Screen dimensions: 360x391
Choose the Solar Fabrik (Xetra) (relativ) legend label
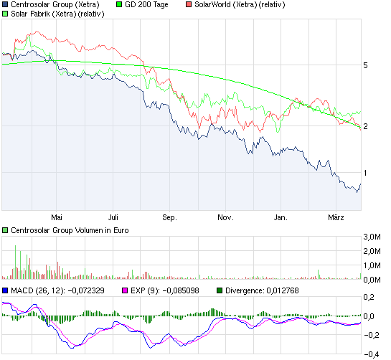(58, 14)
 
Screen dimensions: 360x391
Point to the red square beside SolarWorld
(188, 4)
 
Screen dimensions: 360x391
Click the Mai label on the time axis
(58, 216)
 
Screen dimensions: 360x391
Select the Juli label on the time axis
(113, 216)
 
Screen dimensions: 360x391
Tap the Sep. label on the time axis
(169, 216)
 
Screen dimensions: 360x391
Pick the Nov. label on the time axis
(225, 216)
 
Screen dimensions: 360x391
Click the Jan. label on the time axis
(281, 216)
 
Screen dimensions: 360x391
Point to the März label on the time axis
(335, 216)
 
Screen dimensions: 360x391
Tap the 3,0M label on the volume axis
(371, 237)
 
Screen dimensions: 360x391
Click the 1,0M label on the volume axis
(371, 265)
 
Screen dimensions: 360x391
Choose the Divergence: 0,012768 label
(266, 290)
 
